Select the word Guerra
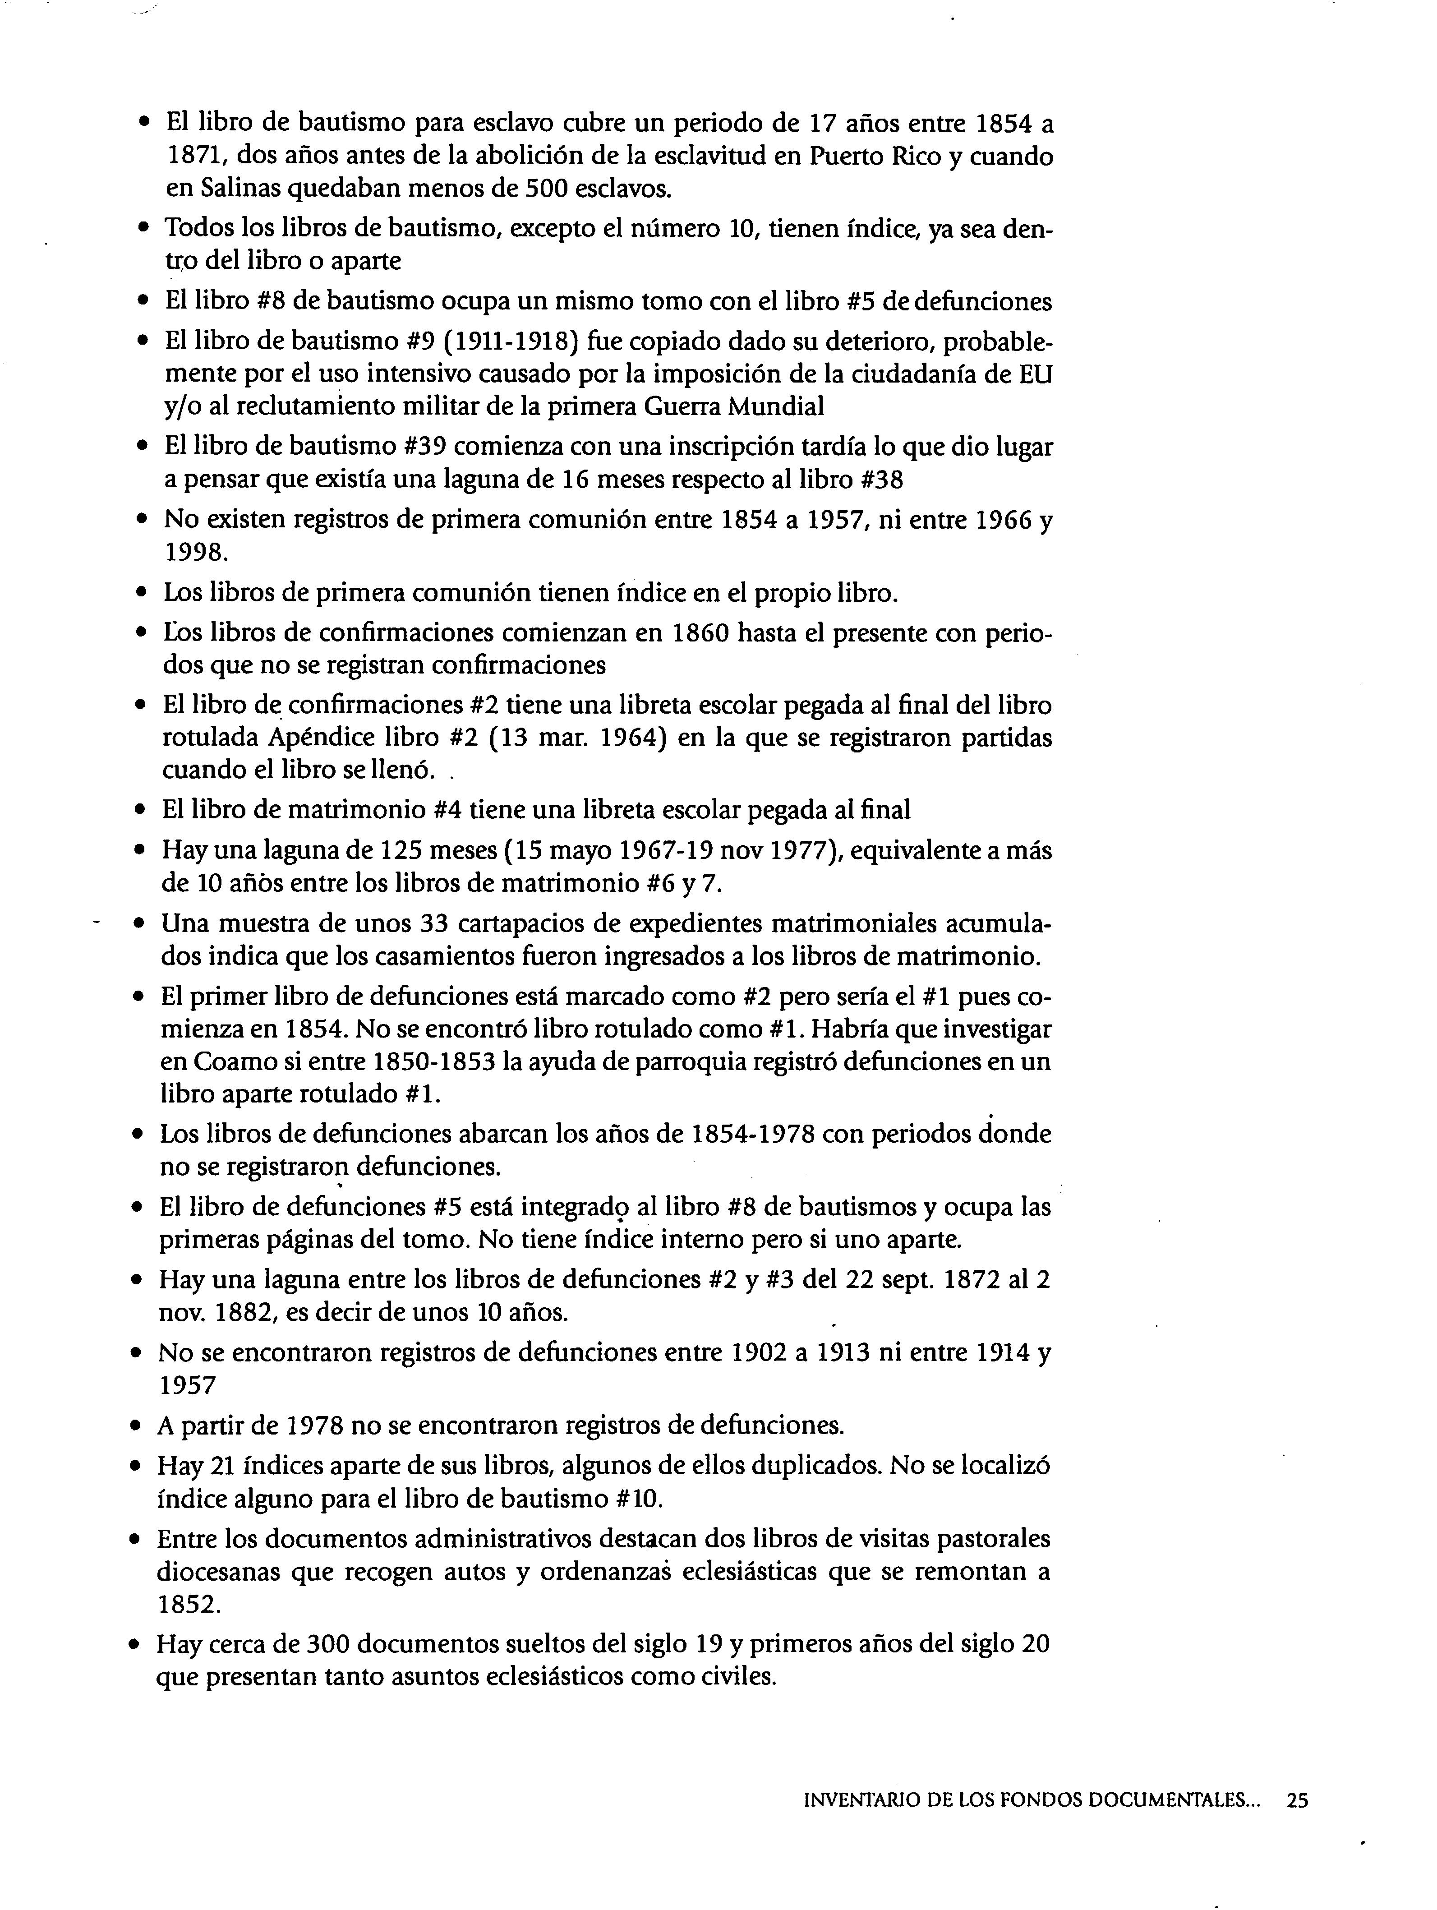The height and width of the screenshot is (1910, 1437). pos(702,406)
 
